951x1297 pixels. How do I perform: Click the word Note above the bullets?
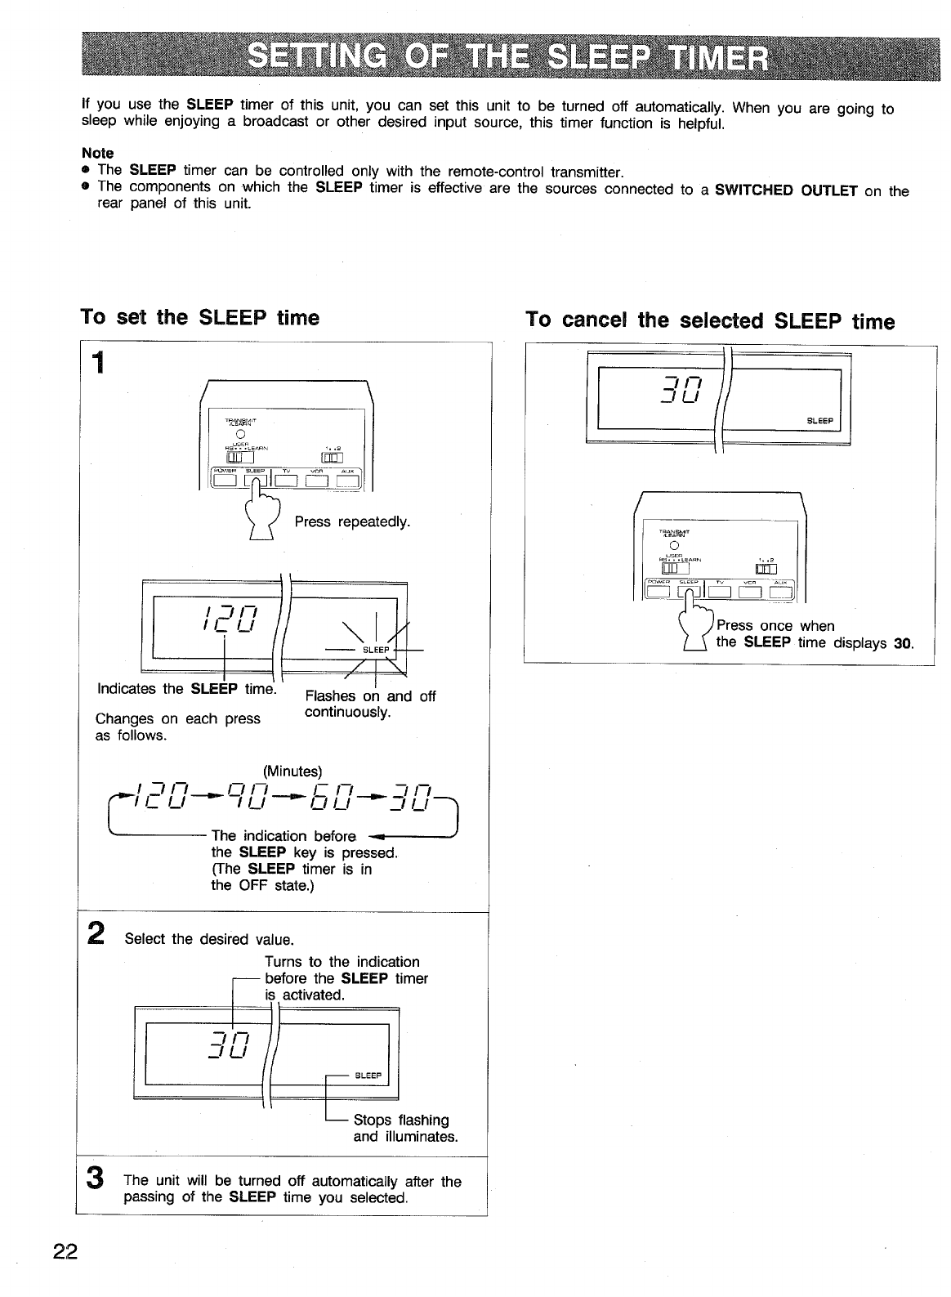[98, 153]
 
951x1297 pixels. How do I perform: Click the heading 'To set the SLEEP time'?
[199, 317]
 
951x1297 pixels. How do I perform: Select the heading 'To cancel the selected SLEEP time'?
[710, 320]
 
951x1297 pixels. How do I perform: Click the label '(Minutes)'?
[292, 771]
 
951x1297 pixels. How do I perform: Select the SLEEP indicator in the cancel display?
[819, 422]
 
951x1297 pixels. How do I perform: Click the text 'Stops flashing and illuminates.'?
[404, 1128]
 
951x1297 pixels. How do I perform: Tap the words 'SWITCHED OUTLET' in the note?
[785, 191]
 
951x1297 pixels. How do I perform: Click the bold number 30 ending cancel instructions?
[902, 643]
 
